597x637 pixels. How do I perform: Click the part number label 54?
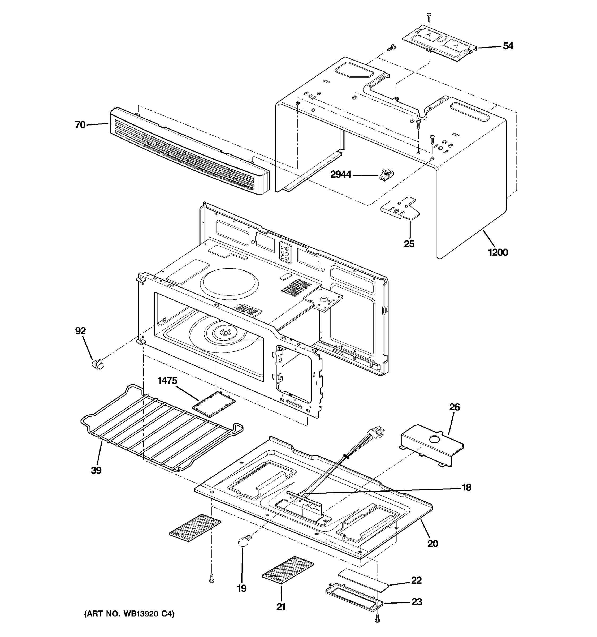point(508,46)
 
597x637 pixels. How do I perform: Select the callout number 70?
point(80,125)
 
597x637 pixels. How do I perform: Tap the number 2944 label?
point(340,175)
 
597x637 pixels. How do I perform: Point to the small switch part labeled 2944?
point(386,175)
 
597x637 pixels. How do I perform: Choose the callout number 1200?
point(498,252)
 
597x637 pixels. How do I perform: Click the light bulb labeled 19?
point(244,542)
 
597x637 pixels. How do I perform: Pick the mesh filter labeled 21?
point(288,572)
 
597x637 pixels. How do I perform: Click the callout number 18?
point(466,487)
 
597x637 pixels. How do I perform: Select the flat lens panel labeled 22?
point(363,577)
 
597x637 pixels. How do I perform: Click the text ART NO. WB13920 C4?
point(129,614)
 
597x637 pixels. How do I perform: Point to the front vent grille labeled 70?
point(189,152)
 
